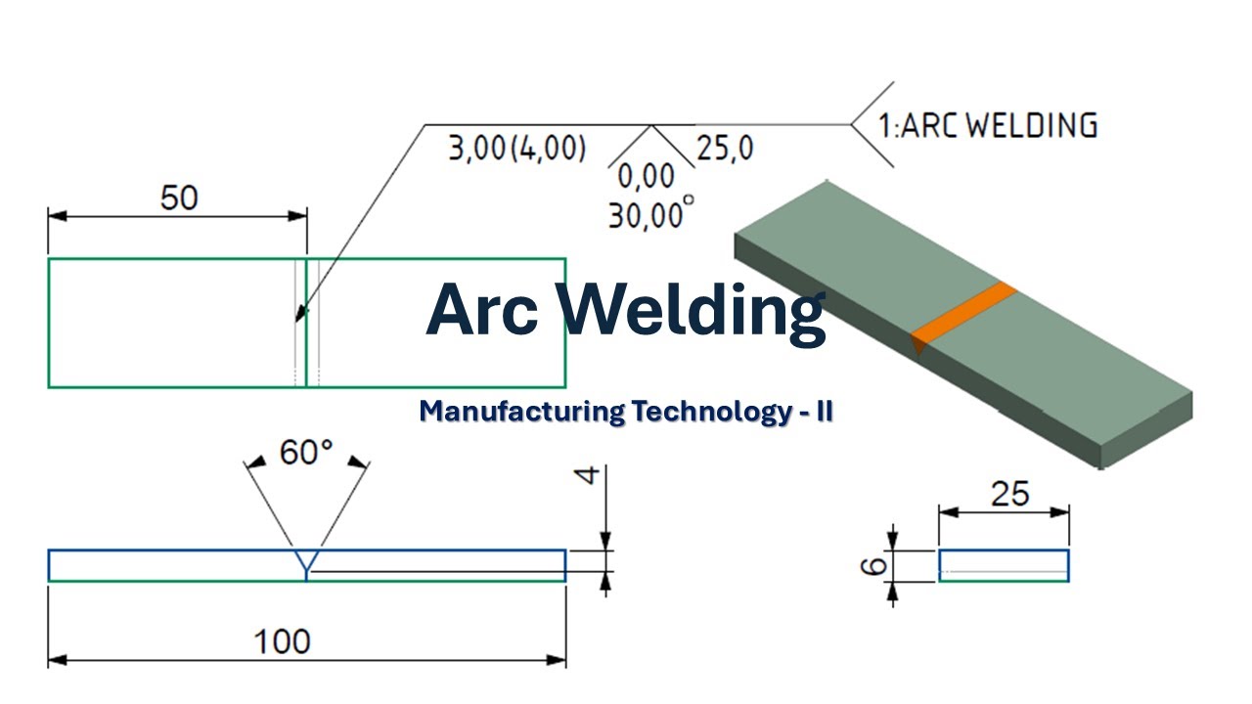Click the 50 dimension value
pyautogui.click(x=179, y=198)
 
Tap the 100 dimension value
pyautogui.click(x=282, y=641)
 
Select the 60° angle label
pyautogui.click(x=306, y=452)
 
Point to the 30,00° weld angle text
pyautogui.click(x=651, y=213)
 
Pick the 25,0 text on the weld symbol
pyautogui.click(x=725, y=149)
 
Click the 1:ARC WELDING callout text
pyautogui.click(x=988, y=125)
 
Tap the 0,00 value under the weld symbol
pyautogui.click(x=647, y=177)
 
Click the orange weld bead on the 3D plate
pyautogui.click(x=962, y=316)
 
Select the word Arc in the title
pyautogui.click(x=482, y=310)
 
